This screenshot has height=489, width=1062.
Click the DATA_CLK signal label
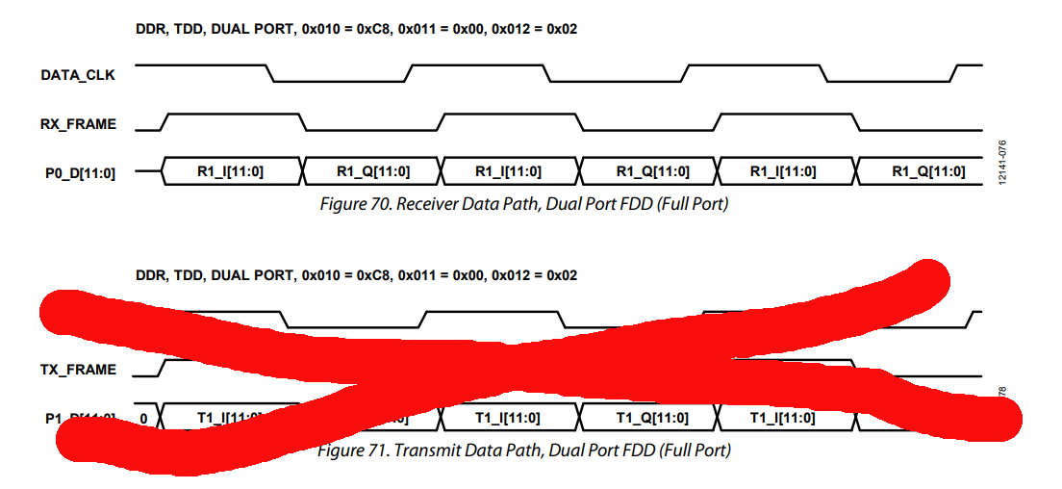(78, 75)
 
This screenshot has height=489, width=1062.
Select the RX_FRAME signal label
(78, 124)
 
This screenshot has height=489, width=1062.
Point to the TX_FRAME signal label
(78, 370)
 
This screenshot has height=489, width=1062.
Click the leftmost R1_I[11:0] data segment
(231, 171)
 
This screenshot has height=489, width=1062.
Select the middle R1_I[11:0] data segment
(508, 171)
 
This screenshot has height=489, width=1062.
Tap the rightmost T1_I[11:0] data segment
(783, 417)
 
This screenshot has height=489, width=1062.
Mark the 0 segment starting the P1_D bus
(143, 418)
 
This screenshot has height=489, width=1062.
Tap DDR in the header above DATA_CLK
(151, 29)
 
